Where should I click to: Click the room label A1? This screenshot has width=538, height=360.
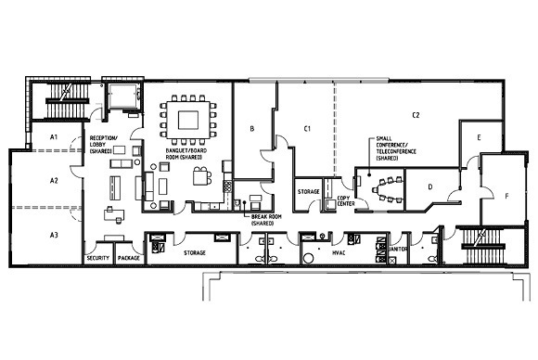click(x=54, y=137)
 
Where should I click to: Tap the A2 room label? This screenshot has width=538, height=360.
click(x=54, y=181)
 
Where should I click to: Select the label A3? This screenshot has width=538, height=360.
click(x=54, y=235)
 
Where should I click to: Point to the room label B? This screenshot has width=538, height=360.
click(x=252, y=129)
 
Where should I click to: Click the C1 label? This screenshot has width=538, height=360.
click(x=307, y=129)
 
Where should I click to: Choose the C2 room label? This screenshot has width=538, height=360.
click(x=416, y=115)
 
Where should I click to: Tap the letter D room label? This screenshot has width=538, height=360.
click(x=430, y=186)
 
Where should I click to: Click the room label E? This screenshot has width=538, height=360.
click(x=479, y=137)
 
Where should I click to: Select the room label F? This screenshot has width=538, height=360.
click(x=506, y=197)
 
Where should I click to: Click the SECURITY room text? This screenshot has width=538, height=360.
click(x=98, y=258)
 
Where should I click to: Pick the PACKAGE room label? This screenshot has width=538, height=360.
click(x=129, y=258)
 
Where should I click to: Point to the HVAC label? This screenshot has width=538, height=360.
click(x=339, y=253)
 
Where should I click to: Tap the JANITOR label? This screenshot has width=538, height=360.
click(x=398, y=250)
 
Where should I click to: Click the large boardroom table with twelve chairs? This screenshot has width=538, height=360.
click(x=188, y=120)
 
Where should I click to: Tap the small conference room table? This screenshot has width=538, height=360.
click(x=388, y=189)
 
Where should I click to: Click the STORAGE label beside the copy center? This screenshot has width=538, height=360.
click(x=309, y=191)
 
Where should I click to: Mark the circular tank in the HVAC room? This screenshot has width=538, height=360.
click(x=309, y=259)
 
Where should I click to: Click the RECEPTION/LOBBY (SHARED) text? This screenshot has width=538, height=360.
click(x=103, y=145)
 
